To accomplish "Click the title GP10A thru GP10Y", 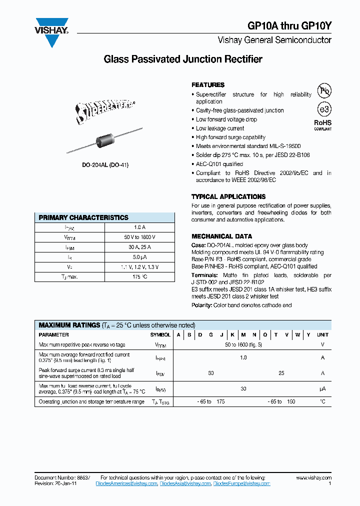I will pos(289,26).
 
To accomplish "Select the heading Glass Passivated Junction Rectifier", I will pos(182,59).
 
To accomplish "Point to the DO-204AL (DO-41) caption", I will pos(105,165).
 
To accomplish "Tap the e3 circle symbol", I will pos(324,109).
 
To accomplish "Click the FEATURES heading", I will pos(208,85).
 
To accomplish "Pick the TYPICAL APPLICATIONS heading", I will pos(228,197).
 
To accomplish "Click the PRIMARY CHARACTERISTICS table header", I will pos(83,217).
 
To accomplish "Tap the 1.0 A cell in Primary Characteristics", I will pos(139,227).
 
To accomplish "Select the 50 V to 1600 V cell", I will pos(139,237).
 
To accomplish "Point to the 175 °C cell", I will pos(139,276).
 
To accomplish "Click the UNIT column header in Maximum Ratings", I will pos(322,335).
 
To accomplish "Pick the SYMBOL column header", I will pos(160,335).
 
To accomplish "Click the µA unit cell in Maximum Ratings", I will pos(322,388).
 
